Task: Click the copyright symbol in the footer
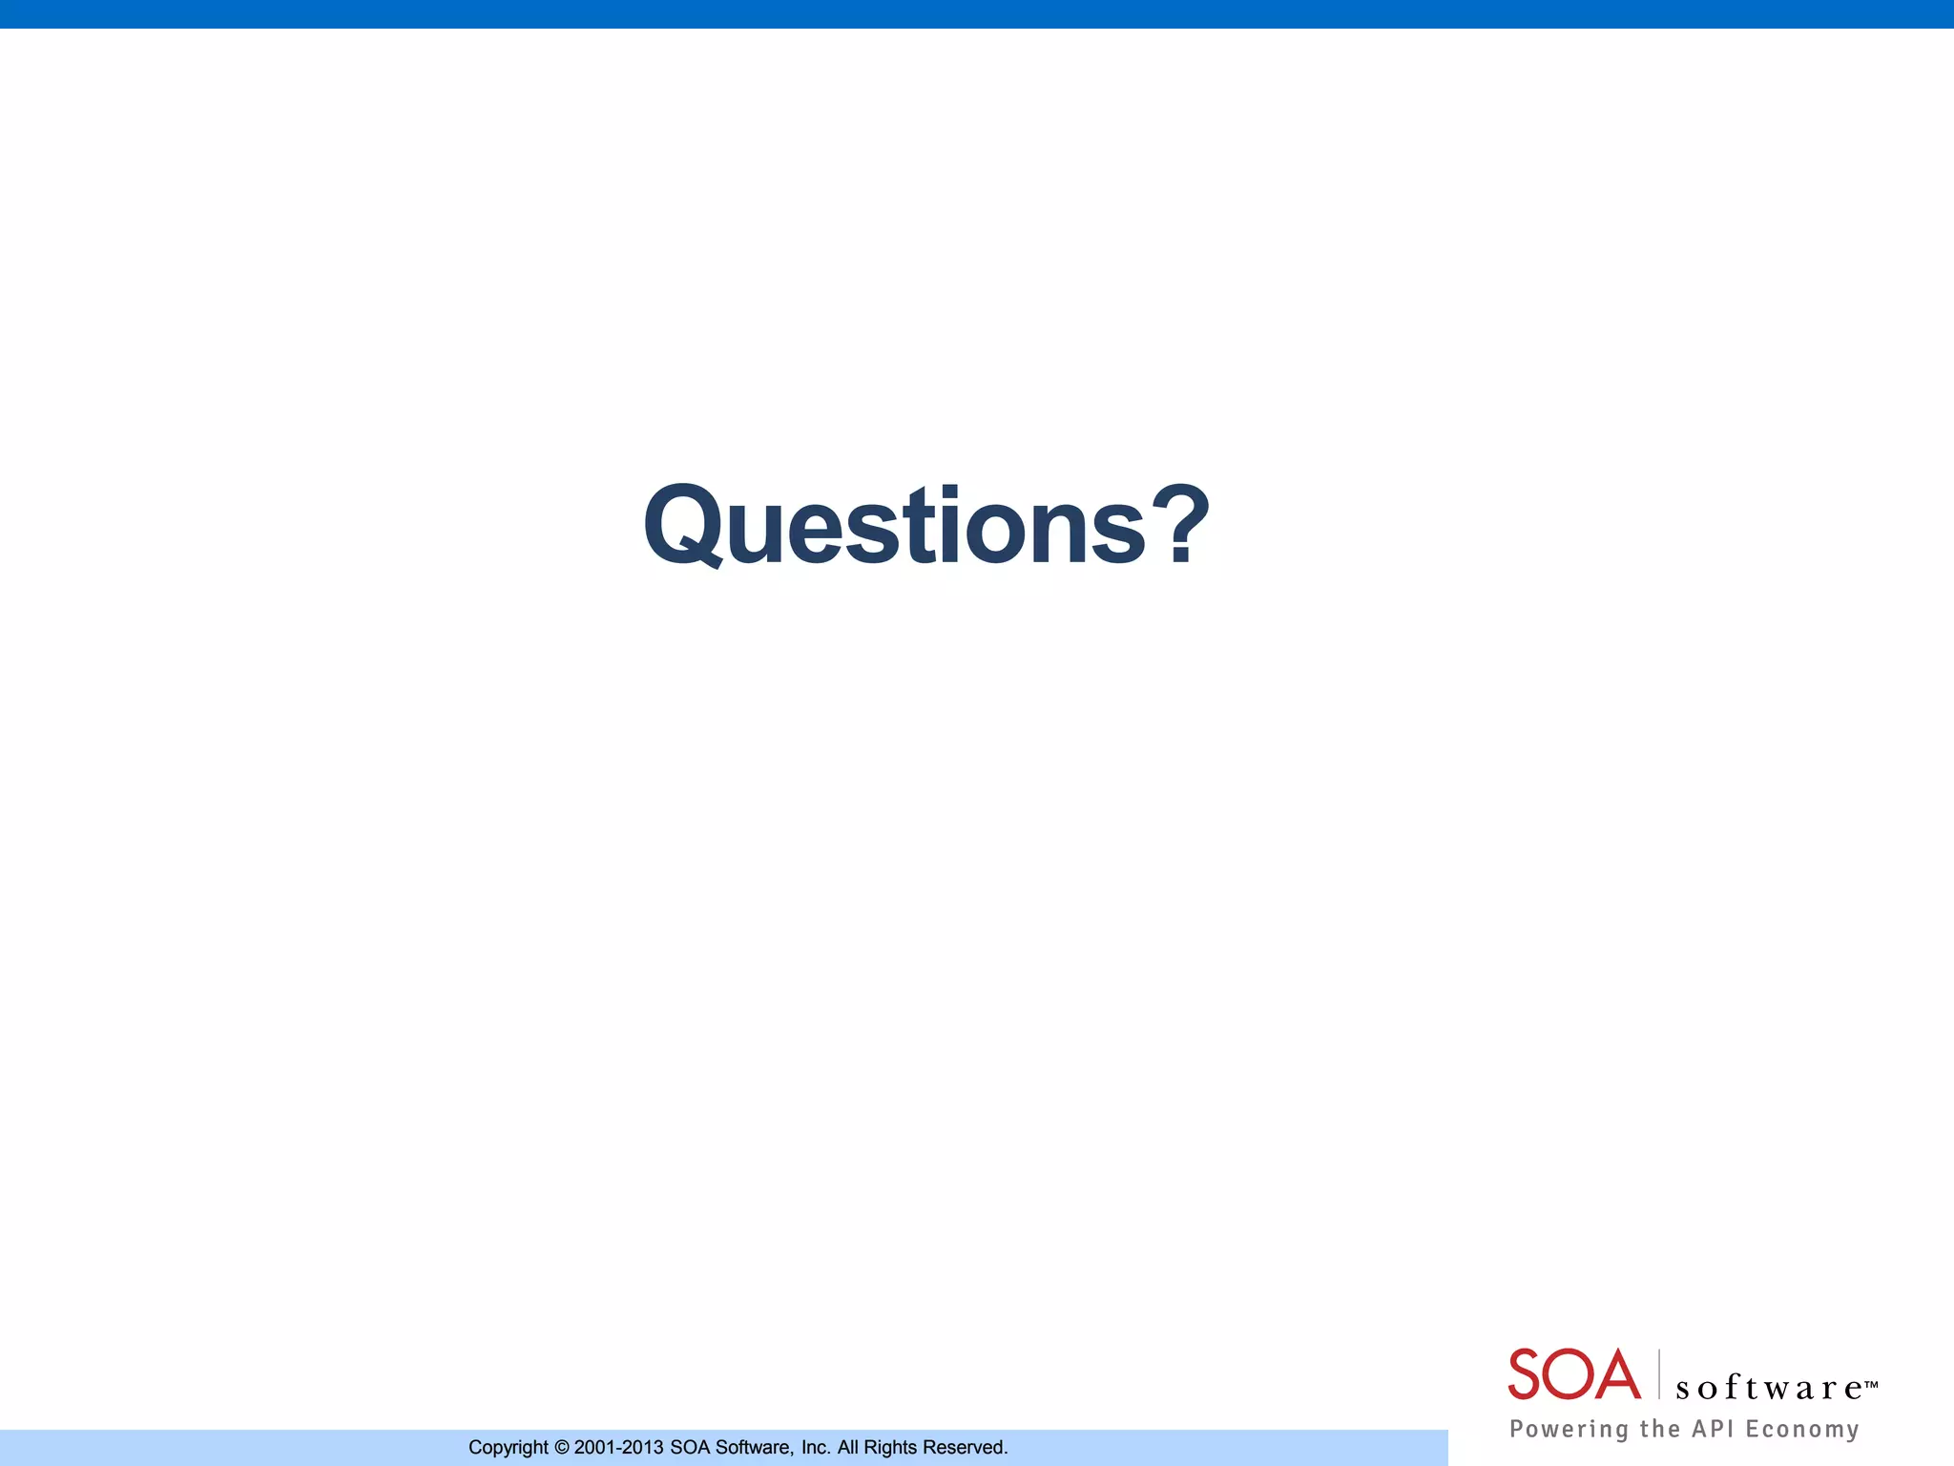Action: (x=561, y=1447)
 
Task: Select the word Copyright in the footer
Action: (x=509, y=1448)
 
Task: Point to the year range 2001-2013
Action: (x=618, y=1447)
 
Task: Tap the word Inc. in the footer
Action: (x=816, y=1447)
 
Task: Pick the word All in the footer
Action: (x=847, y=1447)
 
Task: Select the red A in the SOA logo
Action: (x=1618, y=1374)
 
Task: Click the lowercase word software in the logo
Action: (x=1768, y=1388)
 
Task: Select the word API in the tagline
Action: (x=1713, y=1428)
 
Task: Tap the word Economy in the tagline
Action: (x=1802, y=1429)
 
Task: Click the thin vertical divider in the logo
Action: (x=1659, y=1374)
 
